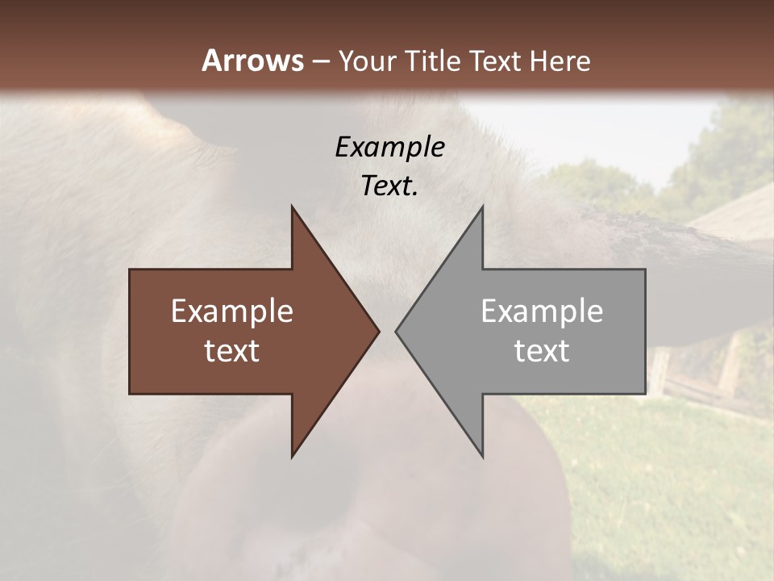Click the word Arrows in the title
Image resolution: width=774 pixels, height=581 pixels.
(252, 61)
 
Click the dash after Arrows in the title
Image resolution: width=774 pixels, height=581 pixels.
(321, 61)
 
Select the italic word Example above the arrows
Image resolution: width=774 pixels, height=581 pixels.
(389, 147)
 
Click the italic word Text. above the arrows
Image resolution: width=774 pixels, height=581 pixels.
(389, 186)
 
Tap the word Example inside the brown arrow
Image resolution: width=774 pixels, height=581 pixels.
(232, 311)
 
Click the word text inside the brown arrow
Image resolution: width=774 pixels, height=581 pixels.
(232, 351)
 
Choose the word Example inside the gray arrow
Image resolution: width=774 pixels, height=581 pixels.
(542, 311)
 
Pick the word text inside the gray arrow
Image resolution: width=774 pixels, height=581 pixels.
(542, 351)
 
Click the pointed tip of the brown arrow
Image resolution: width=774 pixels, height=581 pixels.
(378, 331)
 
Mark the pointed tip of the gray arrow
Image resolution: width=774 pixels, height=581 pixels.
(397, 331)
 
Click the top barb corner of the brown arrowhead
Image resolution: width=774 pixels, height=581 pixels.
(293, 207)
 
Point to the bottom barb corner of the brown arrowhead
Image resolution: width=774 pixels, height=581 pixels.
(293, 456)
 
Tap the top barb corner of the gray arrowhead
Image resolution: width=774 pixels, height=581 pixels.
(482, 207)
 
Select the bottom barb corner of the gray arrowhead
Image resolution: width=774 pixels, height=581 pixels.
(482, 456)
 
